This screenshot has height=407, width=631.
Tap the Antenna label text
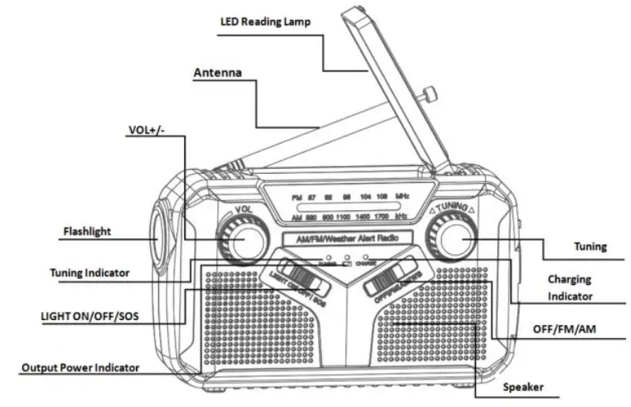(217, 73)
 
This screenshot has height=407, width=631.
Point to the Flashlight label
(88, 231)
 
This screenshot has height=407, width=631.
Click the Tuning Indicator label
(89, 273)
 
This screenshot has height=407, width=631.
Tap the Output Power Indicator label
(80, 368)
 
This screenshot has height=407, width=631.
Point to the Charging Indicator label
(570, 287)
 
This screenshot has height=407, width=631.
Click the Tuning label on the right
(590, 245)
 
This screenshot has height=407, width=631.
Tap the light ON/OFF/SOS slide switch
(297, 275)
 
